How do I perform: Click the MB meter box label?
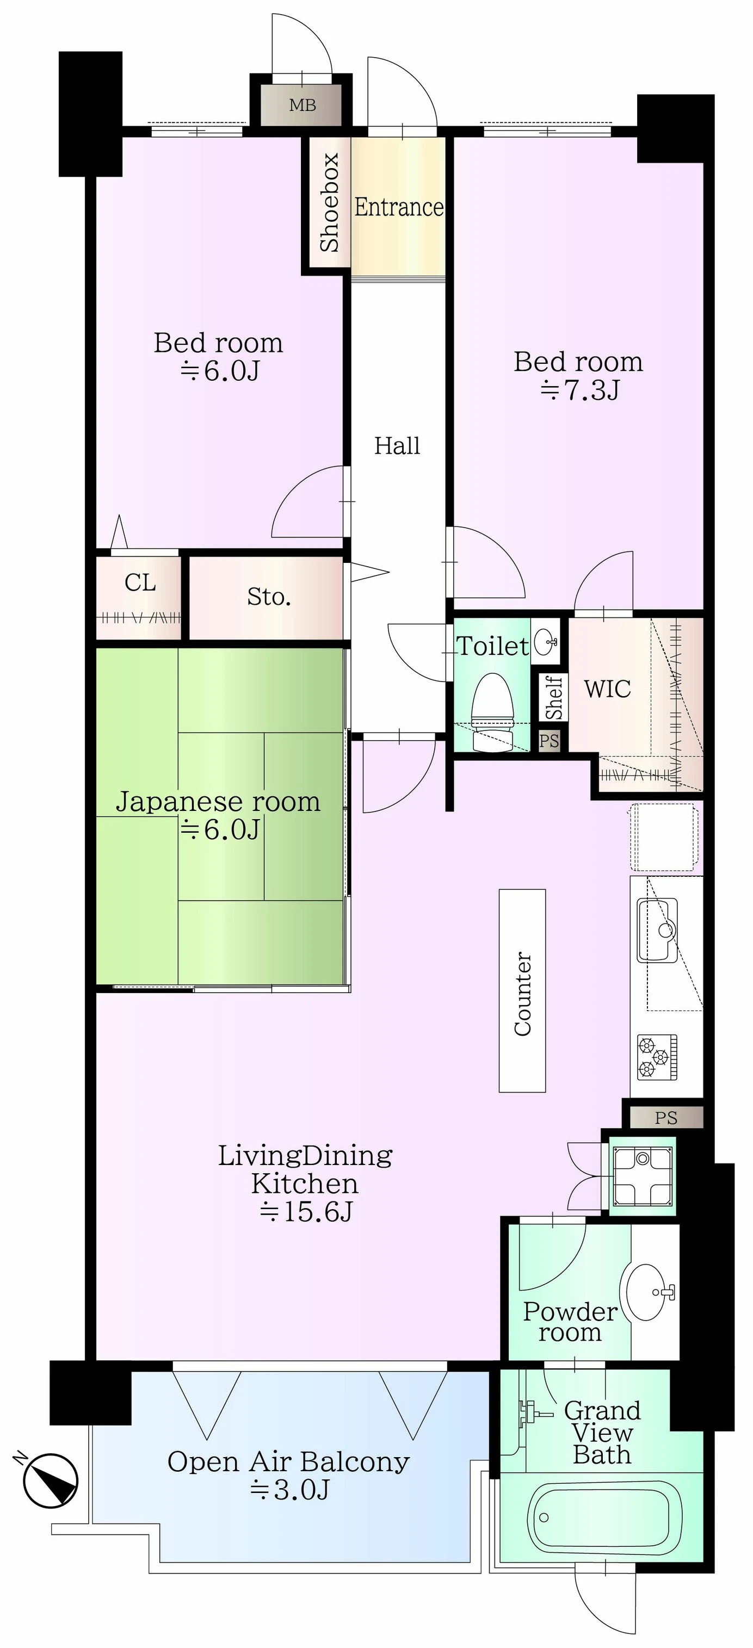pos(302,105)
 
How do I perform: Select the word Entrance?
pos(399,207)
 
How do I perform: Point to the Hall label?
pos(397,445)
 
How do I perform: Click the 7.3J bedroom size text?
pos(579,389)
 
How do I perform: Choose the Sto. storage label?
pos(269,597)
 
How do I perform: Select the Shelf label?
pos(554,697)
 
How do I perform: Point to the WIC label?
pos(607,689)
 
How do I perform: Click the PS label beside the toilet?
pos(549,741)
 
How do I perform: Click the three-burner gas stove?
pos(657,1056)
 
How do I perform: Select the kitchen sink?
pos(658,930)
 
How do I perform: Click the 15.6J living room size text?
pos(306,1211)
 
